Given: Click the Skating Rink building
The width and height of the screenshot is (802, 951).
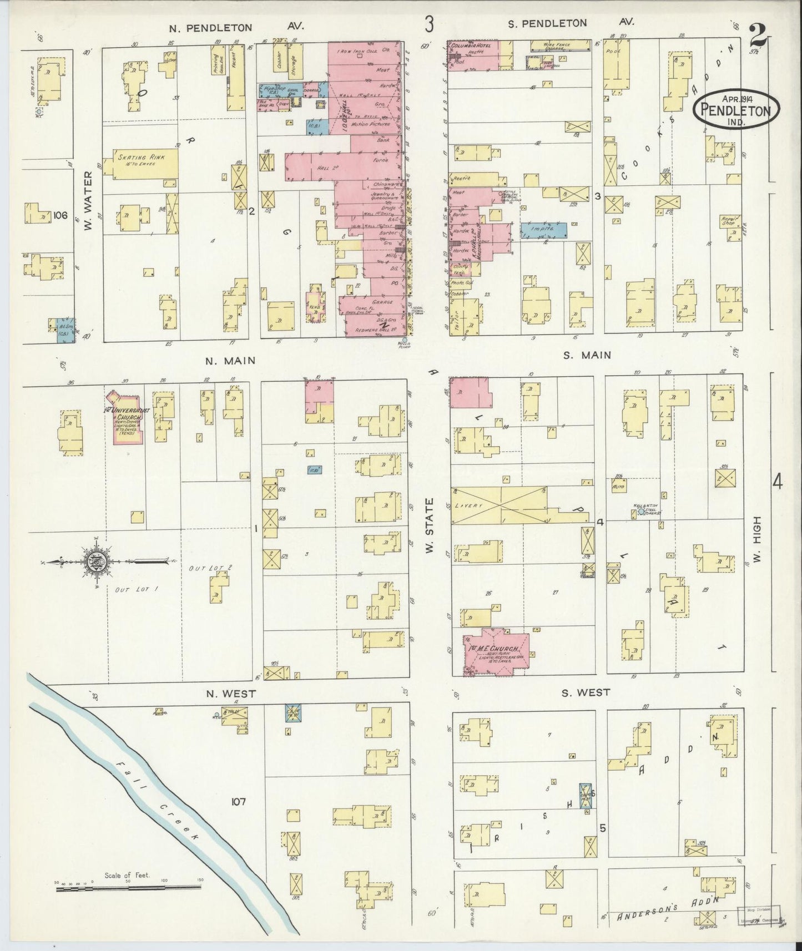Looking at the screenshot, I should [x=145, y=163].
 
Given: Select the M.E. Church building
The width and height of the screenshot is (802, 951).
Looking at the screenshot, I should [x=496, y=652].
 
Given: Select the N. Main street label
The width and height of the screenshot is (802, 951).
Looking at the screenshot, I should [x=230, y=361].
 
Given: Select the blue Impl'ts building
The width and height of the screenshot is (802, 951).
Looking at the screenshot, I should [x=543, y=230].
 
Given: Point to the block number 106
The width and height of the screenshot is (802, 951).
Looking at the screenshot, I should [x=61, y=215].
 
